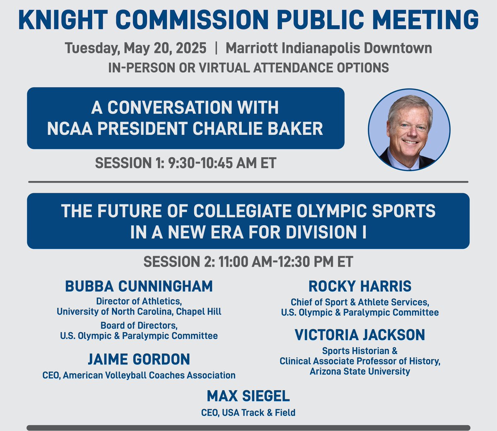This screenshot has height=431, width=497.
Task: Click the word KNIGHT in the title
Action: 62,19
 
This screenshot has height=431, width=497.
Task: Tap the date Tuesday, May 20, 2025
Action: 135,49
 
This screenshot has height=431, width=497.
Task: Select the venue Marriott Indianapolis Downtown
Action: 329,49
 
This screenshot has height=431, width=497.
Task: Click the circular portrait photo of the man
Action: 409,130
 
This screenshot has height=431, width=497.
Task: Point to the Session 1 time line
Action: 186,163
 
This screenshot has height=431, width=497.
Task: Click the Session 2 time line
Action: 248,262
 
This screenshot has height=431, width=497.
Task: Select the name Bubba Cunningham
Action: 139,286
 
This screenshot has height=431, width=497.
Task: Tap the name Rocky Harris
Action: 360,286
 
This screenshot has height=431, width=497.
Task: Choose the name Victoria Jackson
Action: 360,335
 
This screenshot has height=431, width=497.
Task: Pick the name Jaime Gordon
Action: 139,359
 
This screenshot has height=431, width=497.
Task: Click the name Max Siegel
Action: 248,396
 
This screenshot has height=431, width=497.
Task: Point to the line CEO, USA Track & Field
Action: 248,413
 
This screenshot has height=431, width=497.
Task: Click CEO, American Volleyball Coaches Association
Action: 139,375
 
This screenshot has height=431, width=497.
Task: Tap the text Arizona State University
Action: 360,371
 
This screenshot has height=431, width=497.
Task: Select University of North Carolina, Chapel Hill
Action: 139,312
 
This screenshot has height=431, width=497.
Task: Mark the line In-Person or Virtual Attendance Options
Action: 248,68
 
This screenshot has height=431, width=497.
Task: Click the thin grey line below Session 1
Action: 248,182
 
